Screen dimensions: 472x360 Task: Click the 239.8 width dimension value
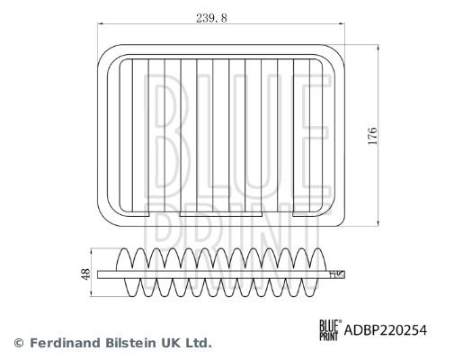click(211, 18)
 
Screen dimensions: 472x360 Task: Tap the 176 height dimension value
click(372, 136)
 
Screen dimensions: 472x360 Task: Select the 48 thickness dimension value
click(85, 274)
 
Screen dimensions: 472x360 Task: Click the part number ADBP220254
click(386, 330)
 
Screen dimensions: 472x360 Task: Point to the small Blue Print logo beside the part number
click(331, 330)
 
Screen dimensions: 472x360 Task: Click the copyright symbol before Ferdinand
click(19, 343)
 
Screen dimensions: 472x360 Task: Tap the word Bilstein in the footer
click(131, 343)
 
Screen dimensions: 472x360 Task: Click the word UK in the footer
click(172, 343)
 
